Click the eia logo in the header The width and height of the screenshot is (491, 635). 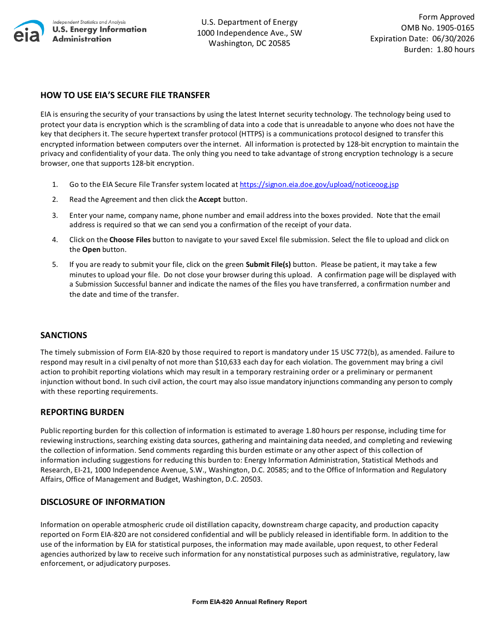pyautogui.click(x=29, y=31)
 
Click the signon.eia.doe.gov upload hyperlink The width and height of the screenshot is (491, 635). pyautogui.click(x=319, y=184)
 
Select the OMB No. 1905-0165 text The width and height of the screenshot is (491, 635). pyautogui.click(x=437, y=28)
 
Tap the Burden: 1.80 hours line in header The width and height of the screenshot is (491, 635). pyautogui.click(x=439, y=50)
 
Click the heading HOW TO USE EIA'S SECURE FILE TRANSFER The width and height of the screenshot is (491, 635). pyautogui.click(x=125, y=95)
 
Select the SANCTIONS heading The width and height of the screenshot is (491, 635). pyautogui.click(x=64, y=335)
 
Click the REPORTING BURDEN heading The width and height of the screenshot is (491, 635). pyautogui.click(x=82, y=412)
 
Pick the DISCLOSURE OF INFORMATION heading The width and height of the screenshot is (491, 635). pyautogui.click(x=103, y=502)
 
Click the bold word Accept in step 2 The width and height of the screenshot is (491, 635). pyautogui.click(x=209, y=199)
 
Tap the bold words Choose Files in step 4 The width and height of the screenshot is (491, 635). pyautogui.click(x=130, y=240)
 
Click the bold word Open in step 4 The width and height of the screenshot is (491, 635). pyautogui.click(x=91, y=249)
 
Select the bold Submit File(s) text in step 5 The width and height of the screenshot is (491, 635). pyautogui.click(x=268, y=264)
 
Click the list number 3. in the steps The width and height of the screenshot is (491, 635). pyautogui.click(x=55, y=215)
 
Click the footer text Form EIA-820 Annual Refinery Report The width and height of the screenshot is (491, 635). pyautogui.click(x=249, y=602)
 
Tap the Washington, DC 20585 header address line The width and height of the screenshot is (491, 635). pyautogui.click(x=249, y=43)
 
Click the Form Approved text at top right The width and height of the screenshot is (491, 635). pyautogui.click(x=446, y=17)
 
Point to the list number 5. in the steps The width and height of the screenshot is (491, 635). pyautogui.click(x=55, y=264)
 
